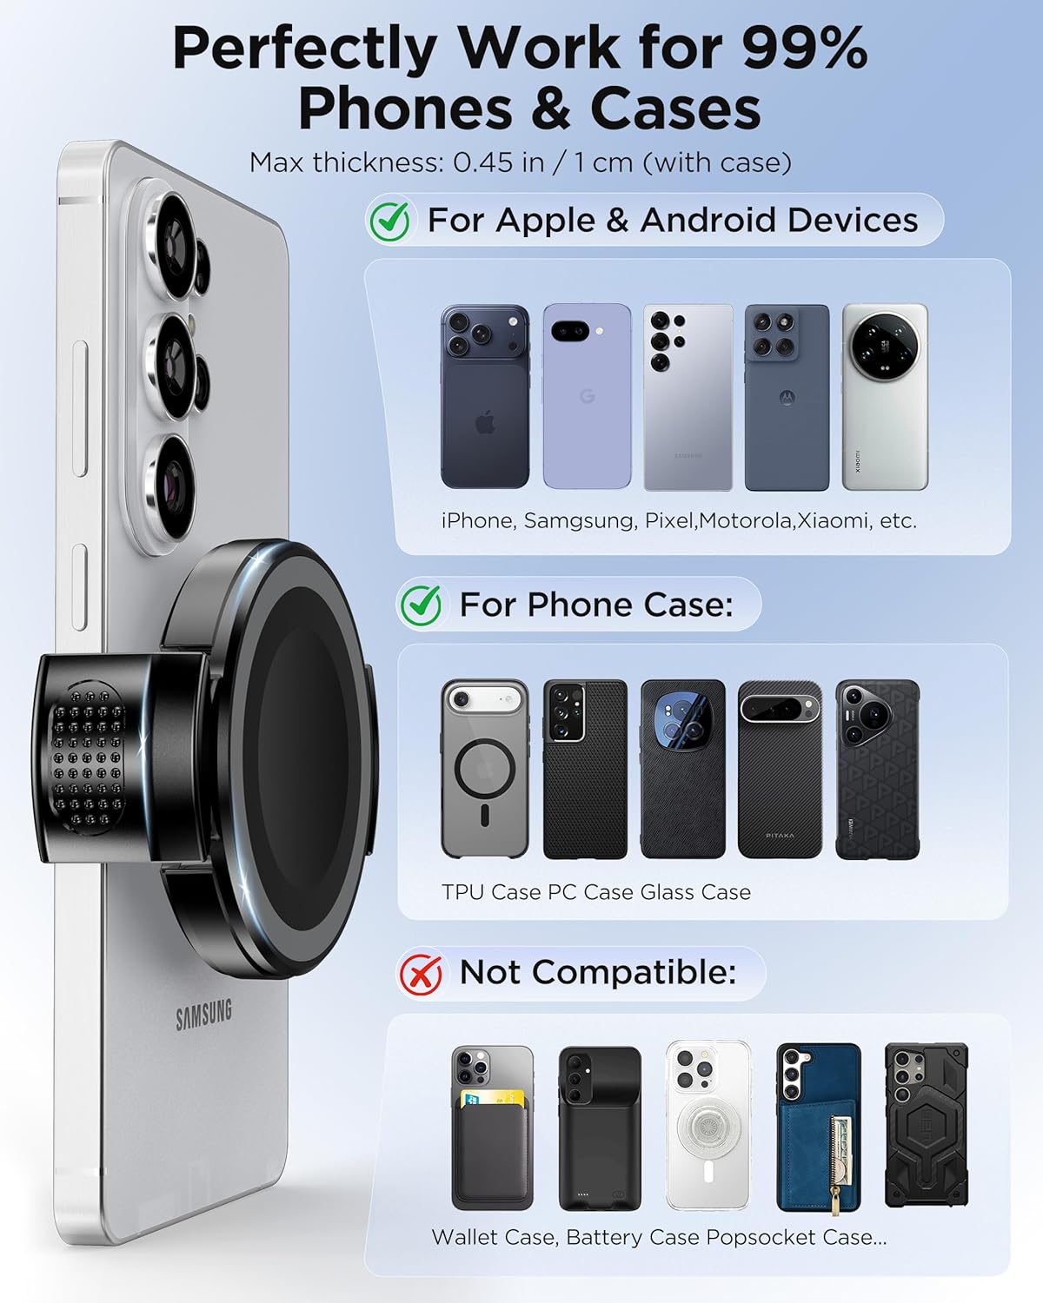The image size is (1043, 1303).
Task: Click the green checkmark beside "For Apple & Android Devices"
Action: click(x=390, y=221)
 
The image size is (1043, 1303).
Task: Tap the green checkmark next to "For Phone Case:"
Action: click(x=422, y=605)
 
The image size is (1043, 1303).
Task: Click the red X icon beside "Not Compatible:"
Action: click(x=421, y=973)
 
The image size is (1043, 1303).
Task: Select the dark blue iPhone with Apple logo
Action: click(x=484, y=397)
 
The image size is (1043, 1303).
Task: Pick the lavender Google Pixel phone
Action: click(x=587, y=397)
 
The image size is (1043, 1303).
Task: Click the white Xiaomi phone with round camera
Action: click(x=884, y=397)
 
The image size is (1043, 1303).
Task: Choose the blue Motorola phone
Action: click(x=786, y=397)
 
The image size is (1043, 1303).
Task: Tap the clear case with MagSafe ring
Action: click(x=484, y=770)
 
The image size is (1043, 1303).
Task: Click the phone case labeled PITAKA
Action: click(x=780, y=770)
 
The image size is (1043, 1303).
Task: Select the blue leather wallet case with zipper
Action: click(x=818, y=1128)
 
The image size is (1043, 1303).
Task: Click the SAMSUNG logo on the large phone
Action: click(x=204, y=1014)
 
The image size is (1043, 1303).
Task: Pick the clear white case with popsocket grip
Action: click(x=707, y=1128)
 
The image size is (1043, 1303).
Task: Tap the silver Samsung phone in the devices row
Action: click(x=688, y=397)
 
